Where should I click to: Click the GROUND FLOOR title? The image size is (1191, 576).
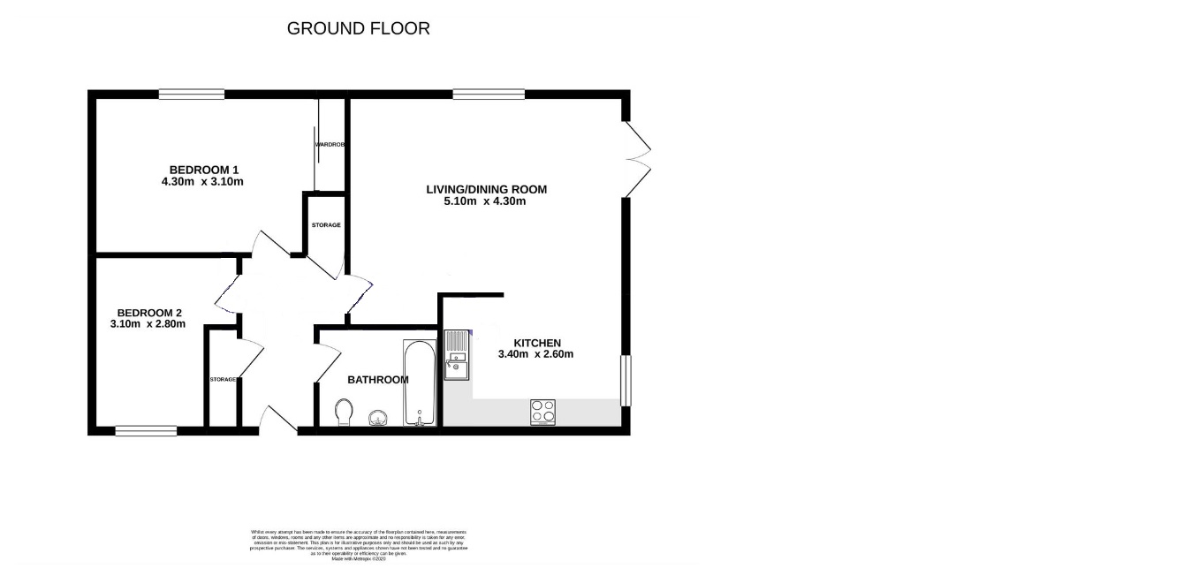[359, 28]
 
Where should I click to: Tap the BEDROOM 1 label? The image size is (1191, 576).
[204, 170]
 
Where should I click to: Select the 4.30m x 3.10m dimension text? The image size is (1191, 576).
[202, 182]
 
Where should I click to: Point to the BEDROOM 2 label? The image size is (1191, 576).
[149, 312]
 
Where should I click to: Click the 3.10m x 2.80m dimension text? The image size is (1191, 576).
[148, 324]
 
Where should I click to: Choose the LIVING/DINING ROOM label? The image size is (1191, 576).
[486, 189]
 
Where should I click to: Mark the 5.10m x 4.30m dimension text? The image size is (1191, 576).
[485, 201]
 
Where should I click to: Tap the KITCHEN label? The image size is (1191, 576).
[538, 343]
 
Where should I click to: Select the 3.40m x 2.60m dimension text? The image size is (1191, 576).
[537, 355]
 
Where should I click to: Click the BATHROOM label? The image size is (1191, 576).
[377, 380]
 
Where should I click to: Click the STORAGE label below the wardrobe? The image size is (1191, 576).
[326, 226]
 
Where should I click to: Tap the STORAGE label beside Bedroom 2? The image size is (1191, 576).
[223, 379]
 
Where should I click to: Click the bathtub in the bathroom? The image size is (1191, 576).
[419, 382]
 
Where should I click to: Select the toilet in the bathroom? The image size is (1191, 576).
[344, 412]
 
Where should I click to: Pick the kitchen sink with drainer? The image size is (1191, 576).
[457, 354]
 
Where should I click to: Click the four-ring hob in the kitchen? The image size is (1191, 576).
[543, 412]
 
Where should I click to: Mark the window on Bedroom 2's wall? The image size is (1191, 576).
[146, 431]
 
